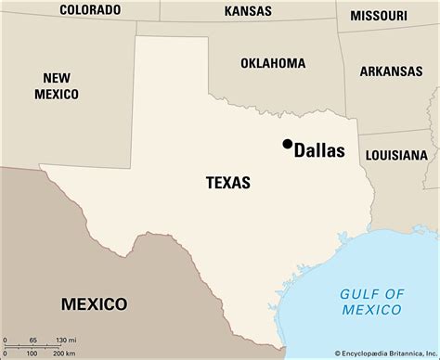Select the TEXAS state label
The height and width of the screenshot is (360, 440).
tap(227, 183)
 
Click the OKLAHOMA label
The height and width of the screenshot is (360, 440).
tap(273, 63)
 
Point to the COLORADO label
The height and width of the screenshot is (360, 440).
tap(90, 10)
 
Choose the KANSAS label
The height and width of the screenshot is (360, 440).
tap(249, 11)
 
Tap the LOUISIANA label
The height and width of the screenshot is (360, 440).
tap(396, 154)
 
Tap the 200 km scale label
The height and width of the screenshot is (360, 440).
tap(63, 354)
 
